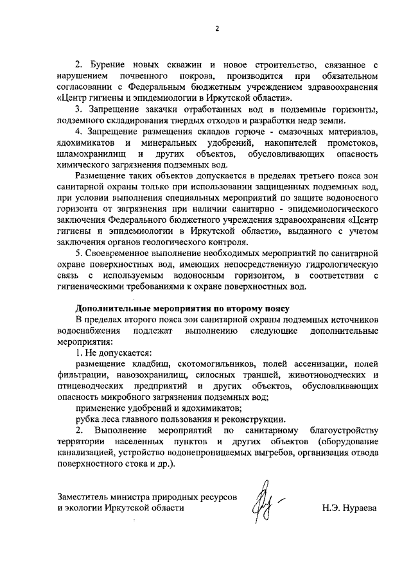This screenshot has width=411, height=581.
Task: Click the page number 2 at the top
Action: (217, 29)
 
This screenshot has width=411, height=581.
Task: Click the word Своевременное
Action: (122, 254)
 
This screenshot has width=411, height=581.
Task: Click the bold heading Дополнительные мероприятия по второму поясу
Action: (182, 309)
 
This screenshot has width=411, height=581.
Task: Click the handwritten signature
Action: (265, 503)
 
